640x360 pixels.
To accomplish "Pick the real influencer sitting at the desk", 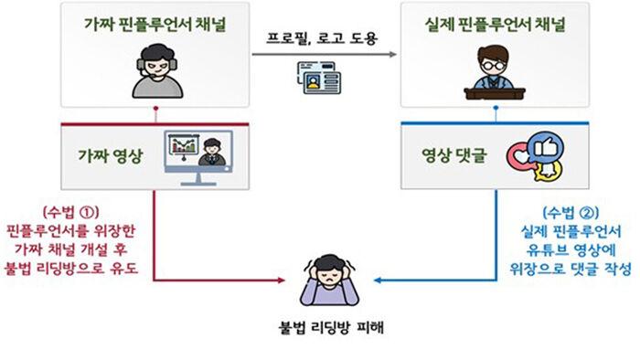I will tap(496, 69).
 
